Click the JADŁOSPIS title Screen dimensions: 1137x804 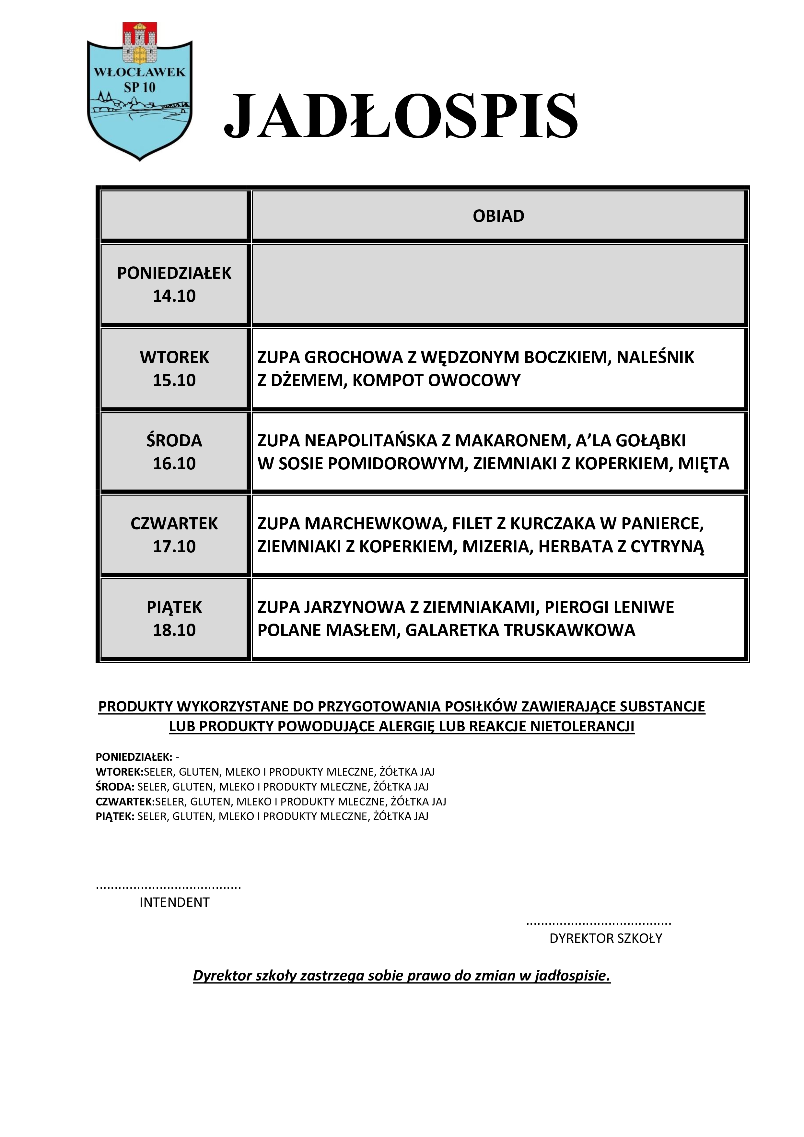401,116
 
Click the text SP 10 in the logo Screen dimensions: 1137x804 140,88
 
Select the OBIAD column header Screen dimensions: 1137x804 498,216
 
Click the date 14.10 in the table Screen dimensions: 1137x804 174,296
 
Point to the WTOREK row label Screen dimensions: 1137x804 174,357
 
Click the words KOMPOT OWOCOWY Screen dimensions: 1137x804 437,380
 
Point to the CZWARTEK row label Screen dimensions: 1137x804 174,523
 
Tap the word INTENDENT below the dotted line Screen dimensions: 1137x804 174,902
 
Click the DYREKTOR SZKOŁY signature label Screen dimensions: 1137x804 605,938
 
